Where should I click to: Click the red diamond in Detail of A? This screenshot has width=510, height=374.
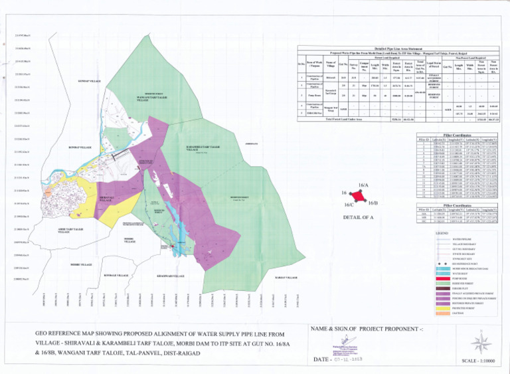357,197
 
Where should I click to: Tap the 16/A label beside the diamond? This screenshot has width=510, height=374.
363,185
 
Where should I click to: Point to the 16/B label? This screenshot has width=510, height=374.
373,202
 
